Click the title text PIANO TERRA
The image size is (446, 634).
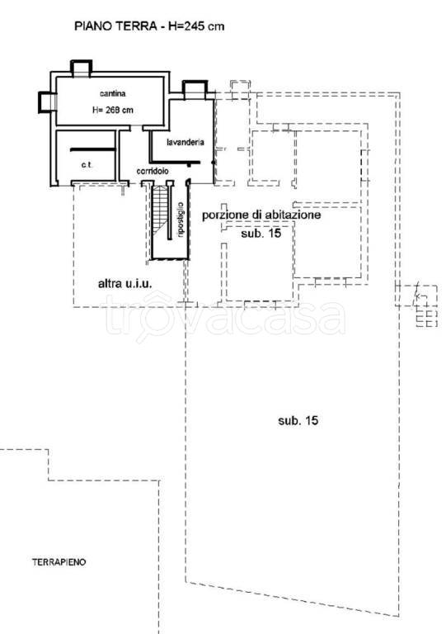click(115, 26)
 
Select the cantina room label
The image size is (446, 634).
click(113, 93)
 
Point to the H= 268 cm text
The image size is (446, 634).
click(113, 110)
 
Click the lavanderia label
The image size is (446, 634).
click(185, 142)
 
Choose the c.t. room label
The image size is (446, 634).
click(87, 164)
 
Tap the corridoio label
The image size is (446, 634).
click(153, 171)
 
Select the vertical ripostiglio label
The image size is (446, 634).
click(181, 220)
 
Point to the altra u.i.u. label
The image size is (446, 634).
click(125, 283)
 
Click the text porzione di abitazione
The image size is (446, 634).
click(261, 215)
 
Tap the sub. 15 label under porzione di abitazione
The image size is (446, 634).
click(261, 234)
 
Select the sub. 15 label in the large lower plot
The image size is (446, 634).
click(298, 420)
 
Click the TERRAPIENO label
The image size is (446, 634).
click(59, 562)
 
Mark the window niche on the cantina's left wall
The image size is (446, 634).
click(47, 102)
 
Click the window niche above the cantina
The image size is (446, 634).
click(82, 68)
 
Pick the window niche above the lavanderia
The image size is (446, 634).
click(195, 89)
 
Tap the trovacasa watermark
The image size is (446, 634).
click(225, 318)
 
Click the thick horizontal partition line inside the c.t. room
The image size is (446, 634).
click(93, 149)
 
